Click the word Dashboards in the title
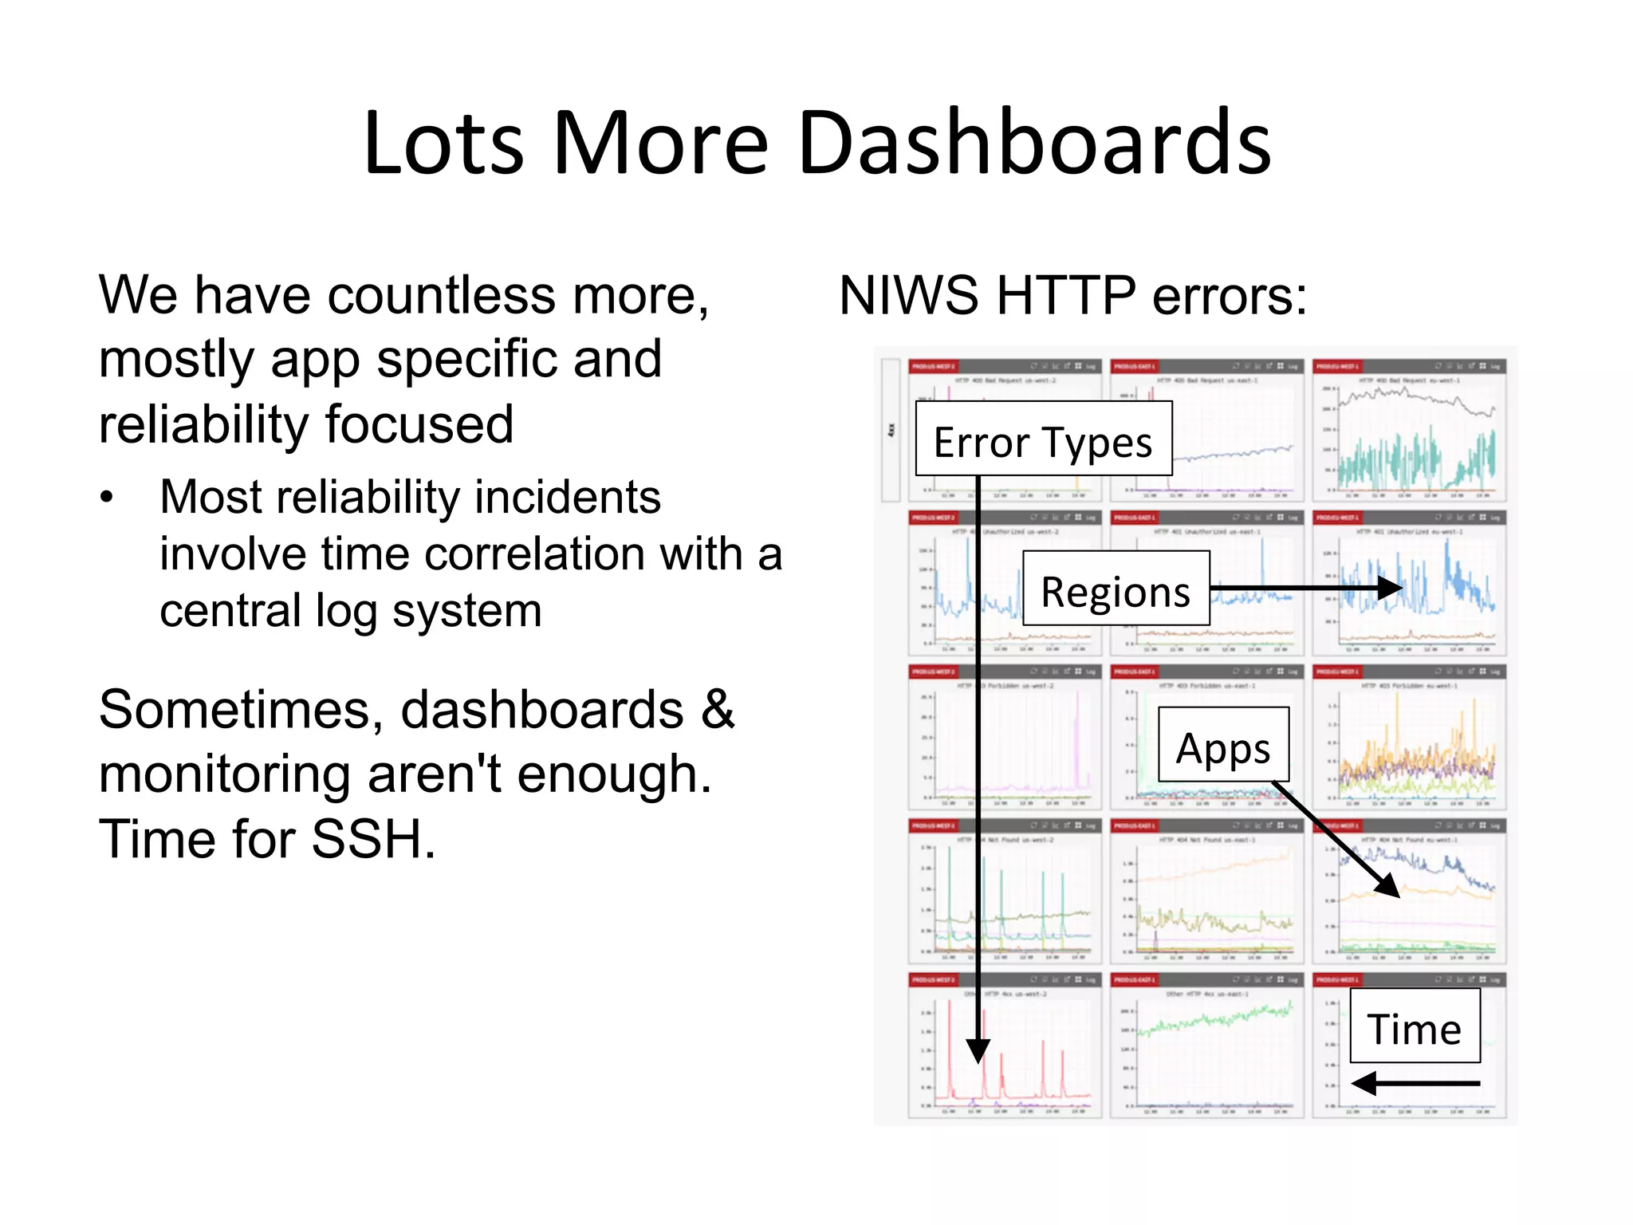click(1033, 144)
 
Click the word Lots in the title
click(443, 144)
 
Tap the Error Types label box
click(1043, 440)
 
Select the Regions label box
click(1116, 590)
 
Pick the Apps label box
click(1222, 746)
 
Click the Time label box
click(1415, 1026)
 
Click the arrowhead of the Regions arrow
click(1391, 588)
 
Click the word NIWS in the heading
click(908, 296)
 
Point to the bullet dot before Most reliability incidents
click(107, 498)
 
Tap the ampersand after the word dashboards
click(718, 709)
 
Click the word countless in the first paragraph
click(442, 296)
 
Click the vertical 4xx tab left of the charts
click(891, 430)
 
